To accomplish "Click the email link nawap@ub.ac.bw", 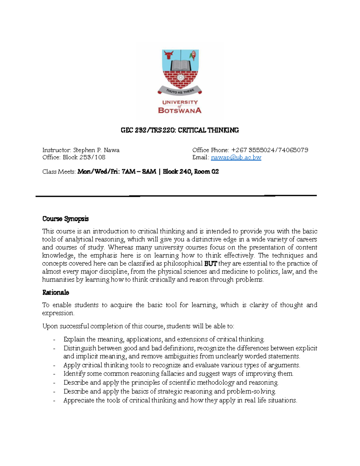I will (236, 158).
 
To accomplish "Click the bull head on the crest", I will (169, 55).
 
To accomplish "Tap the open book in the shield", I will (180, 65).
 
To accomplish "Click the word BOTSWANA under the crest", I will (180, 110).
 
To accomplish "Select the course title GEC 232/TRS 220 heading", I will (180, 130).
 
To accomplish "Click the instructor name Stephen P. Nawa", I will (96, 150).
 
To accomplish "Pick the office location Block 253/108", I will (84, 157).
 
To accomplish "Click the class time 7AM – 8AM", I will (139, 172).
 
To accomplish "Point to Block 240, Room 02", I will (191, 172).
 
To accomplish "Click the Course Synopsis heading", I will (65, 219).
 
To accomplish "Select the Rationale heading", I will (55, 293).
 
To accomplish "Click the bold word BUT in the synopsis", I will (210, 264).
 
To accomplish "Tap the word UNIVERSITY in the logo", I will (180, 102).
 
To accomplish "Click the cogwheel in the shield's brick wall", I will (180, 77).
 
